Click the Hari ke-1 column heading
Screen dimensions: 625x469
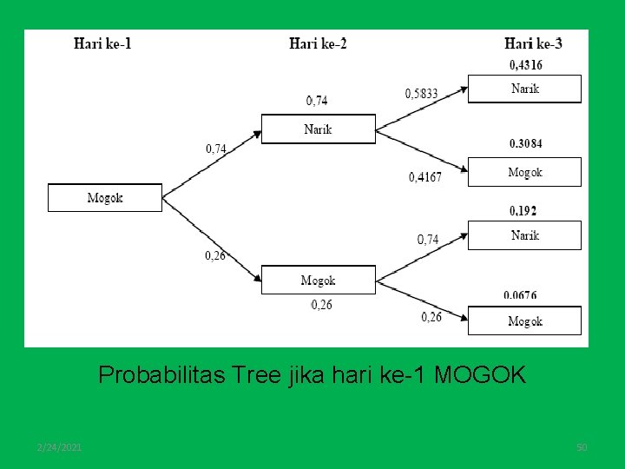[x=102, y=43]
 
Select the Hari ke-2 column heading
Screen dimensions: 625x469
[x=318, y=43]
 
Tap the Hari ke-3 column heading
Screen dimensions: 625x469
[x=533, y=43]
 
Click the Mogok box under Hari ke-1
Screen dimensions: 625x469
[x=104, y=197]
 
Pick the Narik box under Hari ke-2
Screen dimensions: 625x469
[x=318, y=129]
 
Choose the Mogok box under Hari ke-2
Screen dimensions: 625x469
[x=318, y=280]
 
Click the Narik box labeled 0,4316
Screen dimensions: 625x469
[x=524, y=89]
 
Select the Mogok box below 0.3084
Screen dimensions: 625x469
[x=524, y=172]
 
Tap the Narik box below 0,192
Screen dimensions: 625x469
[x=524, y=235]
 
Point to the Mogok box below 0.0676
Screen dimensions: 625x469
[x=524, y=320]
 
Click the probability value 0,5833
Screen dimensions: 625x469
[x=422, y=94]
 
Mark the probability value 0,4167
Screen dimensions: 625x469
[x=425, y=177]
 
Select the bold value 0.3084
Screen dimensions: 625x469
[x=525, y=143]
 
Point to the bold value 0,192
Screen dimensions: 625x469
[x=523, y=210]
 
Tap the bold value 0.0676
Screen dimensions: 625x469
[x=519, y=295]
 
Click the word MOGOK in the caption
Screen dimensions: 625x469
[x=479, y=375]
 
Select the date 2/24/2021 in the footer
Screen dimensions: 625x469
[x=60, y=446]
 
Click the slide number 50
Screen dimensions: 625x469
[x=582, y=446]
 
